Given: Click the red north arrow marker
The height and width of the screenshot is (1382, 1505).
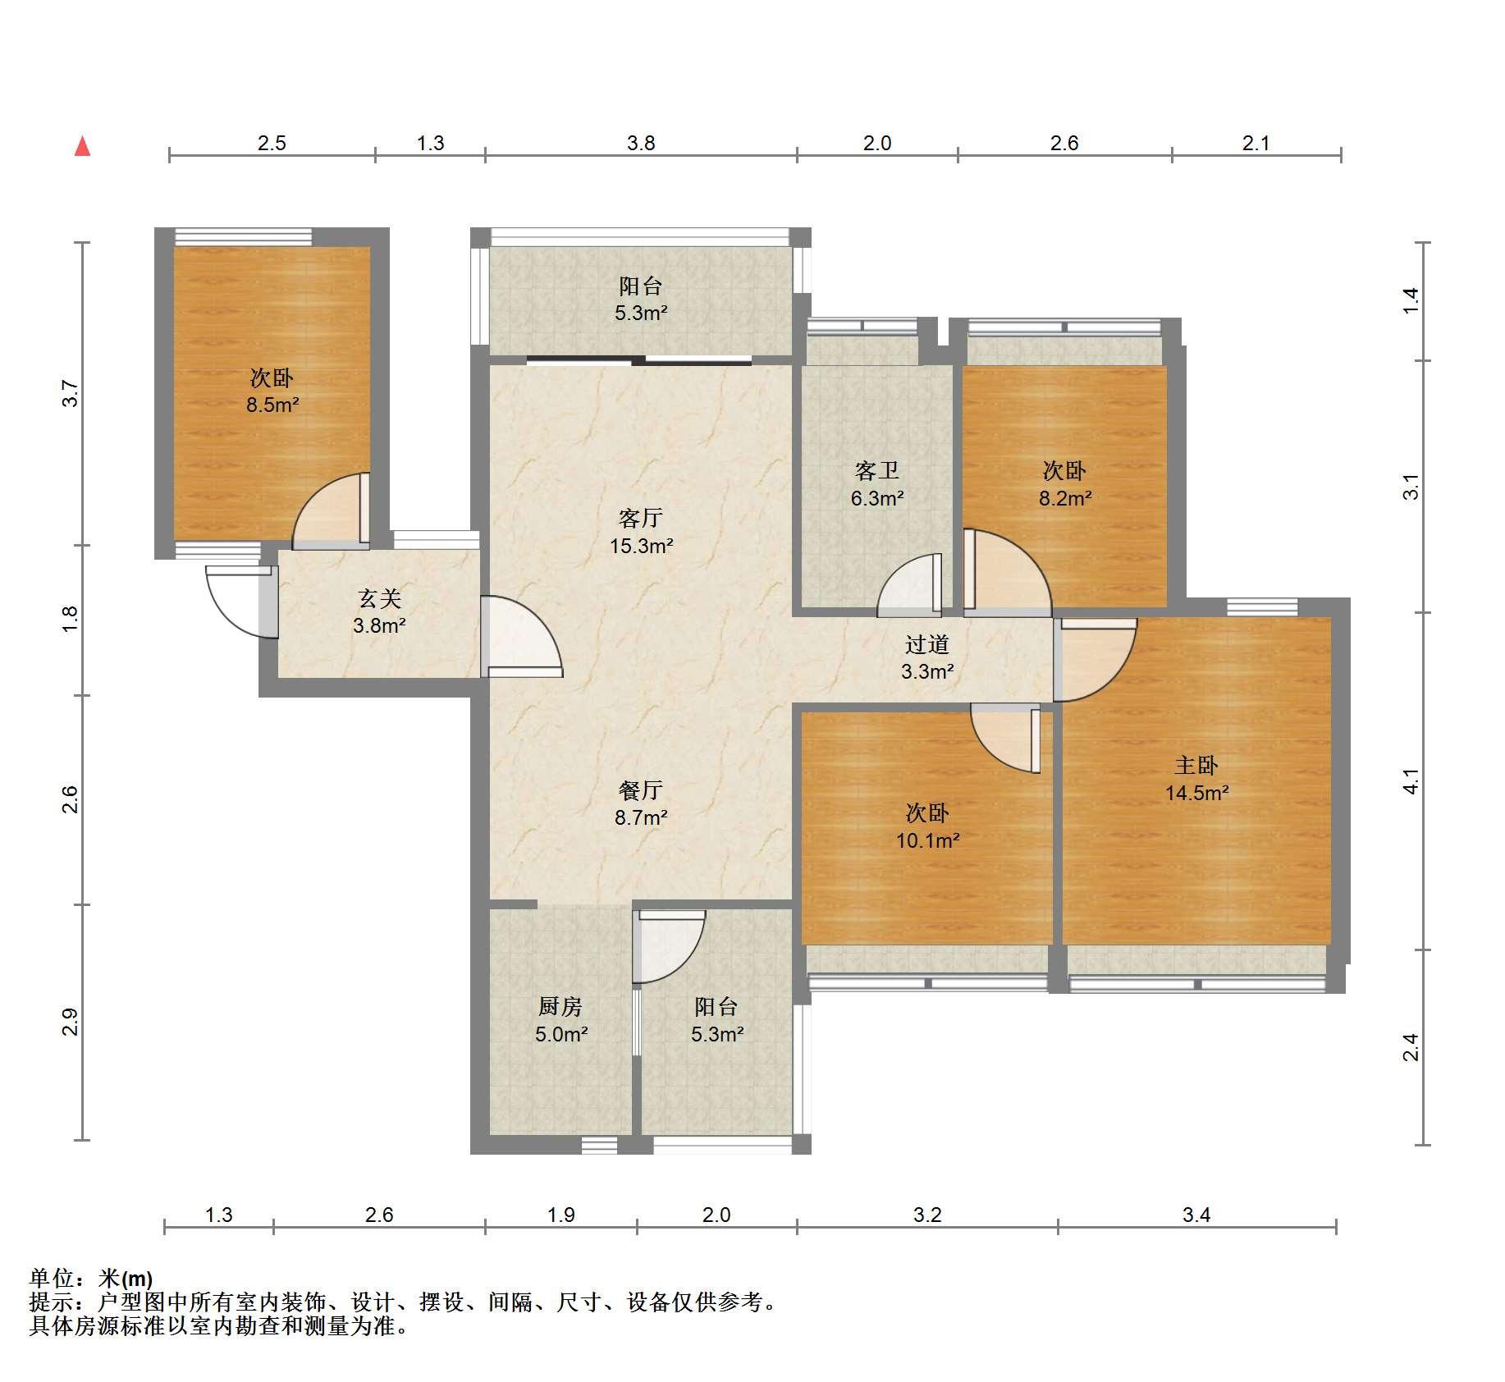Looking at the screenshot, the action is (82, 146).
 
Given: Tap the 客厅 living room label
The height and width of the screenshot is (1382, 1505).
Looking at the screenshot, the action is (641, 519).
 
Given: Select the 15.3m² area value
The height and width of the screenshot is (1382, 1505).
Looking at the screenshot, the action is (641, 546).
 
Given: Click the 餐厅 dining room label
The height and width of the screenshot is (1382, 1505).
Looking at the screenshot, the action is (641, 790).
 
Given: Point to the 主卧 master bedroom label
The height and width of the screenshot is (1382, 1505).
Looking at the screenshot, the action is (1196, 766).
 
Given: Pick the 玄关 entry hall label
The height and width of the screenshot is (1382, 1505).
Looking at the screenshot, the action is (379, 598).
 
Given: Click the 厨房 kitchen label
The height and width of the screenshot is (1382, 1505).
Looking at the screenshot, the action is (560, 1007).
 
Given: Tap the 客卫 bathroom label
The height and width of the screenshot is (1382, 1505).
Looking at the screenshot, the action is (877, 471).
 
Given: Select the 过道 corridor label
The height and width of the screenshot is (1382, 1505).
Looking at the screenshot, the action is (927, 645).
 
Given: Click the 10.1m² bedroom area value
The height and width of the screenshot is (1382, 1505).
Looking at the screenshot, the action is (927, 840).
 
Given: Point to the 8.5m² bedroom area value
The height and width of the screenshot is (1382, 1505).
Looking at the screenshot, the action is (272, 405).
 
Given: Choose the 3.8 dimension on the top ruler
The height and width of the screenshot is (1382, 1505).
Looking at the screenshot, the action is (641, 144).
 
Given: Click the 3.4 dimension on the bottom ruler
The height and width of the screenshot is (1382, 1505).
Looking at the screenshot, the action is (1196, 1215).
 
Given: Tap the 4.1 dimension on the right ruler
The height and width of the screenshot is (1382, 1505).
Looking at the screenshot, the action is (1410, 781).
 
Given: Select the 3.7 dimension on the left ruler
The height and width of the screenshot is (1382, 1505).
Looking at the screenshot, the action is (71, 394).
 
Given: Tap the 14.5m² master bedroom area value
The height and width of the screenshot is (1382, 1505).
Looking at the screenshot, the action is (1196, 793).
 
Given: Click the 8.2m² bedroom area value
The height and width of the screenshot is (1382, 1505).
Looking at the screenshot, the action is (1064, 498).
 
